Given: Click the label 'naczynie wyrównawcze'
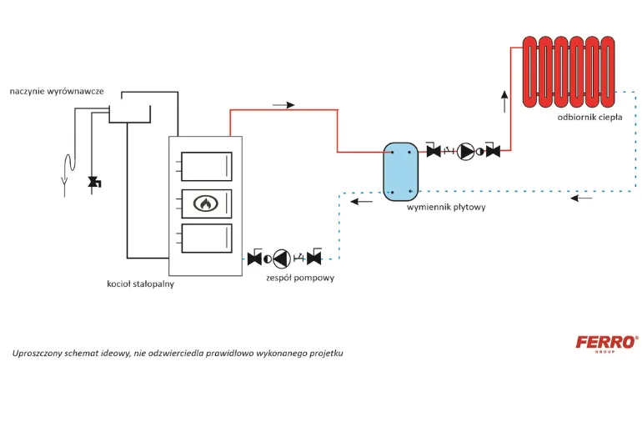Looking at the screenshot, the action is pos(57,91).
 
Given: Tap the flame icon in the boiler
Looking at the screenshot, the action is pos(206,203).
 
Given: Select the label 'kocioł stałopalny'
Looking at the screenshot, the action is pos(140,284).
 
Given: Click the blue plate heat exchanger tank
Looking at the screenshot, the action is pos(400,172).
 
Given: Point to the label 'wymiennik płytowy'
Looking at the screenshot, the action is pos(446,207).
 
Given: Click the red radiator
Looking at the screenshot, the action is pos(569,72).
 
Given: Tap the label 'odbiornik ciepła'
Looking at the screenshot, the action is pos(589,117).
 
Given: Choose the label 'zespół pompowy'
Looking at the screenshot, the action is pos(300,278).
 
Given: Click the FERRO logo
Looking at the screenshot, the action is pos(607,342).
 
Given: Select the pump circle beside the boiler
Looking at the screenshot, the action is pos(282,259).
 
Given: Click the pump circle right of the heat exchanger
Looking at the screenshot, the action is pos(465,152).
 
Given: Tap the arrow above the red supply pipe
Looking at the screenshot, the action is pos(283,105).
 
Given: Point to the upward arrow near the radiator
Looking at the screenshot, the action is pos(504,102).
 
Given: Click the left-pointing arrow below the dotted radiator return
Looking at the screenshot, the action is pos(581,198).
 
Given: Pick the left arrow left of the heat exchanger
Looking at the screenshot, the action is pos(362,201).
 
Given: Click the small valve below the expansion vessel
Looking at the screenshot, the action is pos(94,182).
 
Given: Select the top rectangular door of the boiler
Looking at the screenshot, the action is pos(207,166).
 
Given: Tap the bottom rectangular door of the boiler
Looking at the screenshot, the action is pos(207,239).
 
